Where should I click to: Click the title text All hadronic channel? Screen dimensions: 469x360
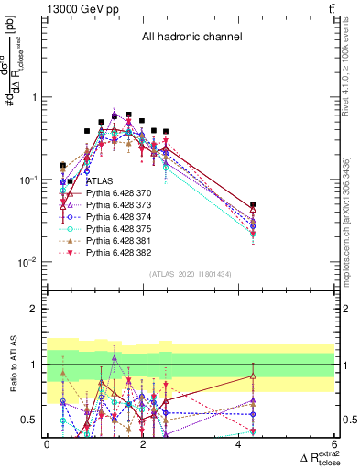pyautogui.click(x=191, y=38)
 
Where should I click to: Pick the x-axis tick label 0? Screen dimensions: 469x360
pyautogui.click(x=47, y=444)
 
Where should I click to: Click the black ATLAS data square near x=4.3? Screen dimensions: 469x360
pyautogui.click(x=253, y=204)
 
